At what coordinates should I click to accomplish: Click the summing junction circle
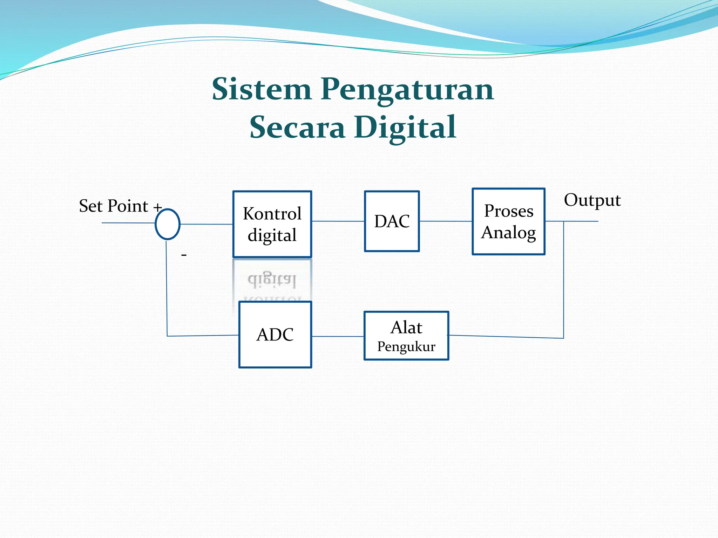pos(168,224)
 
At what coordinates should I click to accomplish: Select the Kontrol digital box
pos(272,224)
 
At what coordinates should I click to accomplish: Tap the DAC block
pos(392,221)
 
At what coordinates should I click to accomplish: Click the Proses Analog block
pos(508,221)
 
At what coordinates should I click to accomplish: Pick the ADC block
pos(275,334)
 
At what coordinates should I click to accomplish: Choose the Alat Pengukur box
pos(406,336)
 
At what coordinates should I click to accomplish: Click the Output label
pos(592,200)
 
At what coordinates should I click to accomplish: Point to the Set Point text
pos(113,206)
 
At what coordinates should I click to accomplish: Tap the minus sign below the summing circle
pos(184,255)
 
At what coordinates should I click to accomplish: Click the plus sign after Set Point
pos(158,207)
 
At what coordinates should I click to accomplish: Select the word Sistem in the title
pos(262,89)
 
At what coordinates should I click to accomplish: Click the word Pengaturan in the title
pos(407,90)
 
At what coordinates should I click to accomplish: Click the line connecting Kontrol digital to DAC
pos(338,221)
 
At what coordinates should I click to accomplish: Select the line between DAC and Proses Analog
pos(446,221)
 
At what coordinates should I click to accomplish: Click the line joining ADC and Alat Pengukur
pos(338,336)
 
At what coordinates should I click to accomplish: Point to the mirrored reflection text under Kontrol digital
pos(272,280)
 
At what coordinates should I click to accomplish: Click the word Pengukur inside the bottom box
pos(406,347)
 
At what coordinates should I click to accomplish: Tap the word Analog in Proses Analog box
pos(508,233)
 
